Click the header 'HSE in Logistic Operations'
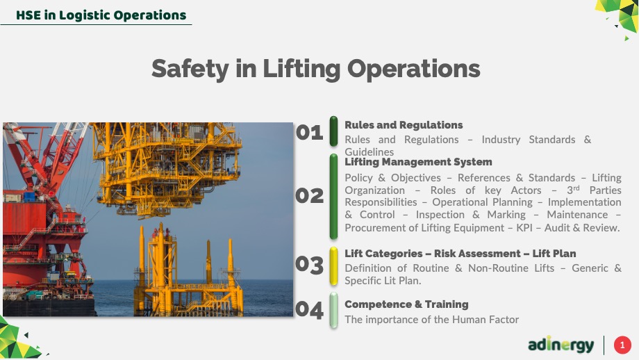coord(101,15)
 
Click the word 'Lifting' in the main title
coord(301,69)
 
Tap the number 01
coord(309,133)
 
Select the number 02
coord(309,196)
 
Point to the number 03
coord(309,265)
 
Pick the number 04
coord(309,310)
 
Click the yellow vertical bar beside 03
coord(333,265)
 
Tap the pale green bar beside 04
coord(333,310)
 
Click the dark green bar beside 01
coord(333,131)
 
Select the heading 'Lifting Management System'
coord(418,162)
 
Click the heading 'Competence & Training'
coord(406,304)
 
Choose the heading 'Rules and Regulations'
coord(404,125)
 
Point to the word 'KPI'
coord(524,227)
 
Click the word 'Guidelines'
coord(370,152)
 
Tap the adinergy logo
coord(561,345)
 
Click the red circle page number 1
coord(622,345)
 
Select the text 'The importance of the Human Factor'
coord(431,319)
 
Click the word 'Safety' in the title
coord(190,69)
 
